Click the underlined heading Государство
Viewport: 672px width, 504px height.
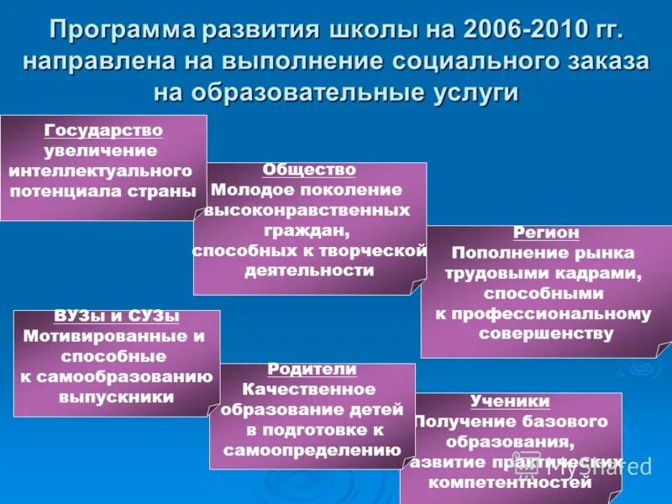coord(103,130)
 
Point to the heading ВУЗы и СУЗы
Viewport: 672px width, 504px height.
coord(117,317)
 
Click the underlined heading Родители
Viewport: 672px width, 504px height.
coord(312,370)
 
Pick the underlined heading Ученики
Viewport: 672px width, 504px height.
coord(510,401)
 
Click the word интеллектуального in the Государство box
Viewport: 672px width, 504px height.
coord(103,171)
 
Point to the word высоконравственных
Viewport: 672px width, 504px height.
coord(308,210)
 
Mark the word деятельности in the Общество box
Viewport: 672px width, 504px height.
coord(309,270)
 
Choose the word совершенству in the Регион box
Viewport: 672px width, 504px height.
coord(545,333)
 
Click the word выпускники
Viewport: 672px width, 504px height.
coord(116,396)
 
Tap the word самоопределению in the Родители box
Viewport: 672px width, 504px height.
coord(312,450)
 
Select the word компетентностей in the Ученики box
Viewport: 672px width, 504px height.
coord(509,482)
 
